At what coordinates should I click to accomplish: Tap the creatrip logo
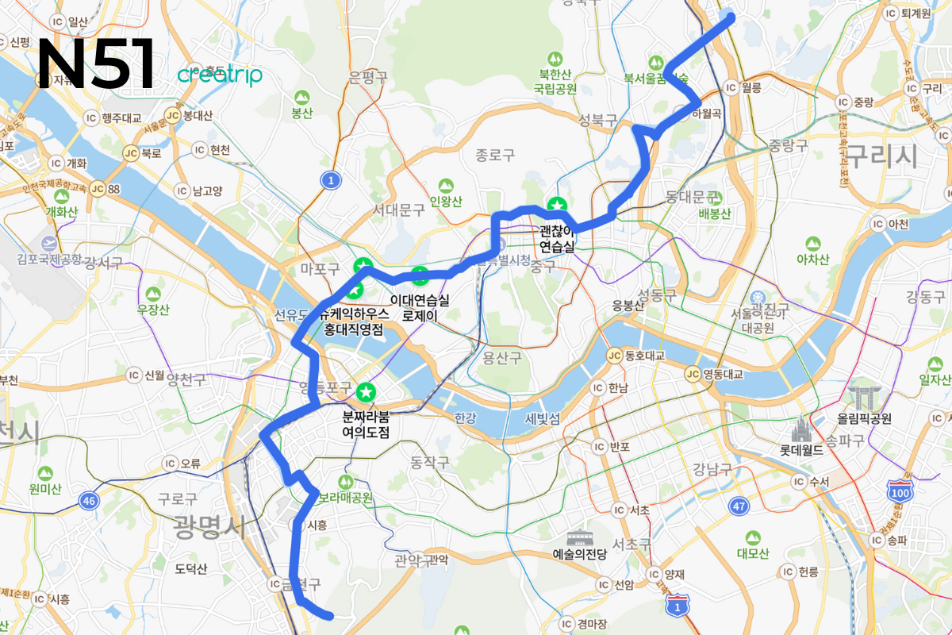[x=219, y=75]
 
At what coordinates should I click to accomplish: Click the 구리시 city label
[x=881, y=156]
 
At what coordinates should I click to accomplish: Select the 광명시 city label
[x=210, y=525]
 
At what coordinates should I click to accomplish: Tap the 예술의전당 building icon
[x=579, y=538]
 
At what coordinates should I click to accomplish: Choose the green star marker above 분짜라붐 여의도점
[x=366, y=391]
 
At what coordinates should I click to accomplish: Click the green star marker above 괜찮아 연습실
[x=558, y=206]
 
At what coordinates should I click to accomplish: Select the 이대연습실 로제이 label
[x=420, y=308]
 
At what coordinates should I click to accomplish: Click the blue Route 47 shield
[x=740, y=506]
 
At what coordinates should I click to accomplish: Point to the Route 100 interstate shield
[x=900, y=490]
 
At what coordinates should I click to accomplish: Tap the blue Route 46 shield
[x=89, y=500]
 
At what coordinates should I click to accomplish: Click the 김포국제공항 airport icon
[x=50, y=242]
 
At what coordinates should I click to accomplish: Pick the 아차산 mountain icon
[x=812, y=244]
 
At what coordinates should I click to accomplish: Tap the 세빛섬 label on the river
[x=543, y=418]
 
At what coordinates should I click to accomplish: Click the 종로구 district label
[x=496, y=155]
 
